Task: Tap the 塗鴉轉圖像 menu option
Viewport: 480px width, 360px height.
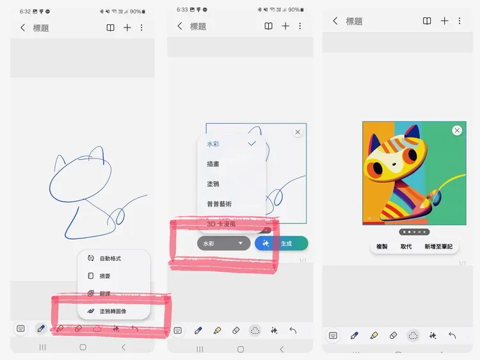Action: tap(113, 311)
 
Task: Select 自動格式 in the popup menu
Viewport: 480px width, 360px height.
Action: tap(110, 258)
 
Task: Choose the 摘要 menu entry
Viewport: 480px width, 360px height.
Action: tap(105, 276)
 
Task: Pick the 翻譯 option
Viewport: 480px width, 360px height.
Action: tap(105, 294)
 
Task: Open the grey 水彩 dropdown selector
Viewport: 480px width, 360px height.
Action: tap(223, 244)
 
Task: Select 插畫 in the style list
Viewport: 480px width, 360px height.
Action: tap(213, 164)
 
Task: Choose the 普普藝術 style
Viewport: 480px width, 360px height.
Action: tap(220, 204)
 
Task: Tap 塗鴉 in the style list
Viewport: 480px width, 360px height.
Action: tap(213, 184)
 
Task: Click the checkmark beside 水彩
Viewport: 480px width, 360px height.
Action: tap(252, 144)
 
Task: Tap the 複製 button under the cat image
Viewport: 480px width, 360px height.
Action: tap(382, 246)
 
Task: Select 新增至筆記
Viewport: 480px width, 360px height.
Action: tap(438, 246)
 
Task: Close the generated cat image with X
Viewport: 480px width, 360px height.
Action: tap(457, 130)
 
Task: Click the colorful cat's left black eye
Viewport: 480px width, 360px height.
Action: tap(379, 169)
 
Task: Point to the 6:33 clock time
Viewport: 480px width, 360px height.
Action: tap(182, 10)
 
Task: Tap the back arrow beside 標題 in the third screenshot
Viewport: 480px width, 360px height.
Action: tap(335, 21)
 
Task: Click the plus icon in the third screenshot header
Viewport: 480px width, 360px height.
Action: tap(444, 21)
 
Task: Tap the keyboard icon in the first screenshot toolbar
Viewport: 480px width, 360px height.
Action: tap(21, 329)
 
